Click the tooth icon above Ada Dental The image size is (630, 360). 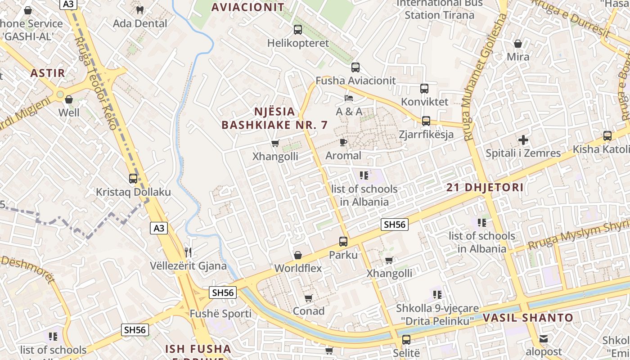click(139, 10)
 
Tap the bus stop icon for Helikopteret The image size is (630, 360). click(298, 30)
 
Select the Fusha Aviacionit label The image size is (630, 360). click(355, 81)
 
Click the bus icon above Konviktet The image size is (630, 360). click(424, 89)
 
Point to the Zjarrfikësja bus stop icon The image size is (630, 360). click(426, 121)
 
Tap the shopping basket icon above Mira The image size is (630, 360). click(518, 44)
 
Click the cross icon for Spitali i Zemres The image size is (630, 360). click(523, 140)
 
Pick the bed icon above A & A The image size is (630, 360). click(349, 98)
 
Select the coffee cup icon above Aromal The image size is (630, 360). click(343, 143)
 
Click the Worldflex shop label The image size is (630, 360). click(298, 268)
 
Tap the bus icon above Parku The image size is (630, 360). click(343, 242)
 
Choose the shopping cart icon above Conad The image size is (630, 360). click(308, 298)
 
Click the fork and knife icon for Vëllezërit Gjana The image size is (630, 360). click(189, 252)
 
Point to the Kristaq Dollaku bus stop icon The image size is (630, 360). click(133, 179)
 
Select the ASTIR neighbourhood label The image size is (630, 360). click(48, 73)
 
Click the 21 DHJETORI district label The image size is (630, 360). click(485, 188)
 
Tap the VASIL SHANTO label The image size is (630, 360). click(528, 318)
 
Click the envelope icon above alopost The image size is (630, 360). click(544, 338)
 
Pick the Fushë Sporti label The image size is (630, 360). click(220, 314)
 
